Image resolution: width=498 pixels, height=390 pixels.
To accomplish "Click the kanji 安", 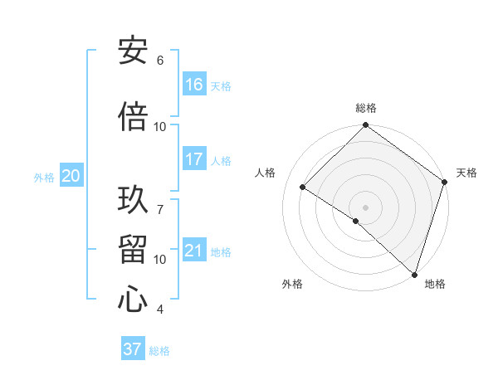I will click(133, 51).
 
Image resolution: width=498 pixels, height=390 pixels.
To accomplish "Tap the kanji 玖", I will click(133, 198).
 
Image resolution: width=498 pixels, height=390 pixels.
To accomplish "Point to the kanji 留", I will click(133, 248).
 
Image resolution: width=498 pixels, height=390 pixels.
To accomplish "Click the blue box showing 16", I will click(194, 85).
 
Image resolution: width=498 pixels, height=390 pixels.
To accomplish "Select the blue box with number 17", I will click(194, 159).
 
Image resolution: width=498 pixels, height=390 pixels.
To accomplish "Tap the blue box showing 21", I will click(194, 251).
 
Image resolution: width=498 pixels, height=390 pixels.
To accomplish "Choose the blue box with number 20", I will click(71, 176).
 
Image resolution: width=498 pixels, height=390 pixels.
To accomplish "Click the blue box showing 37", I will click(133, 349).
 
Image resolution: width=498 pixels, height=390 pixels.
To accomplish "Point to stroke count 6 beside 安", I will click(160, 61).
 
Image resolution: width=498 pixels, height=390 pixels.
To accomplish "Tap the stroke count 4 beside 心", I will click(160, 310).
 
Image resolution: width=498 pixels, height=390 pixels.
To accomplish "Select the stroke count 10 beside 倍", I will click(160, 127).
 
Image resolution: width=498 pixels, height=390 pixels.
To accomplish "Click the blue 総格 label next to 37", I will click(159, 351).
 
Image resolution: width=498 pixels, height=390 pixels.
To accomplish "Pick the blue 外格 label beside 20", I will click(44, 177).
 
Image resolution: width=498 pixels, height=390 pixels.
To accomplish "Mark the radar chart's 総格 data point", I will click(365, 126).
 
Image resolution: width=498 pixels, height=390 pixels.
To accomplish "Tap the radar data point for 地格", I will click(414, 274).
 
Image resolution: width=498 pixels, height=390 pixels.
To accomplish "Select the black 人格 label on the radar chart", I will click(266, 173).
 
